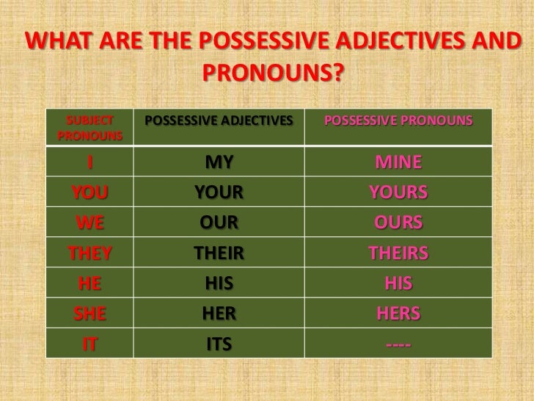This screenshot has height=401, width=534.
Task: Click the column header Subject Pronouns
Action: (x=89, y=128)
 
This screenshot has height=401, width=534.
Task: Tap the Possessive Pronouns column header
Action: (x=398, y=120)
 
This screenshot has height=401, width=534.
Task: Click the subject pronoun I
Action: (x=90, y=162)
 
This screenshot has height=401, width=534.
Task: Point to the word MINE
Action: (x=399, y=162)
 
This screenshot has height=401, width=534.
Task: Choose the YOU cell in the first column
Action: (x=90, y=192)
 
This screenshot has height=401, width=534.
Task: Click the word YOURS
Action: (x=399, y=192)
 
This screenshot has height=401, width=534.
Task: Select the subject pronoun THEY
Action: (x=90, y=253)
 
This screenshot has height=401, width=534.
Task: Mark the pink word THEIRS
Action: (x=399, y=253)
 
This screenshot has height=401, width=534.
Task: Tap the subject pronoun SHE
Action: (x=90, y=314)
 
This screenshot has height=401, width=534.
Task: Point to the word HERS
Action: (x=399, y=314)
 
